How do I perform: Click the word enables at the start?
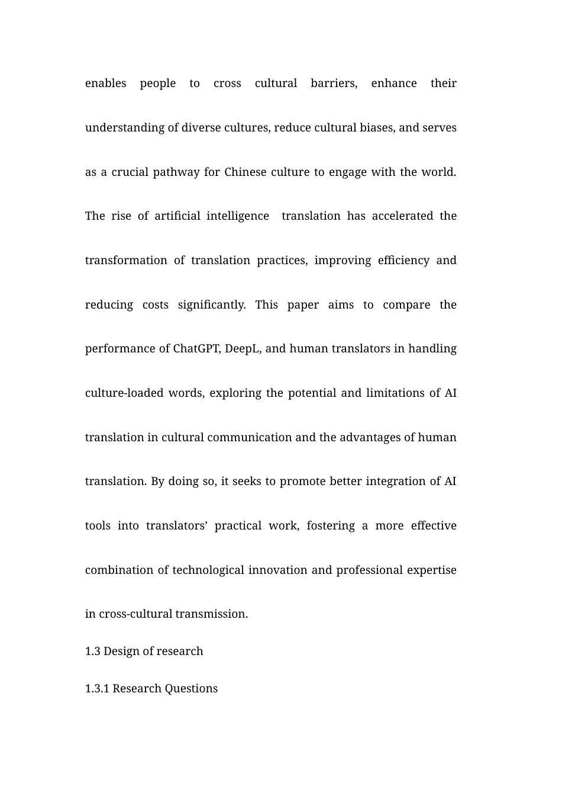click(x=105, y=84)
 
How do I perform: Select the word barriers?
click(x=334, y=84)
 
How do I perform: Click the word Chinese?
click(x=246, y=172)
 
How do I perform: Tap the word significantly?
click(x=211, y=305)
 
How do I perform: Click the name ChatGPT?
click(x=196, y=349)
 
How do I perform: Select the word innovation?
click(x=277, y=570)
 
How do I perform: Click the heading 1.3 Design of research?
click(x=144, y=651)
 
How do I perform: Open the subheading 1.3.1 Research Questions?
click(x=151, y=689)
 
